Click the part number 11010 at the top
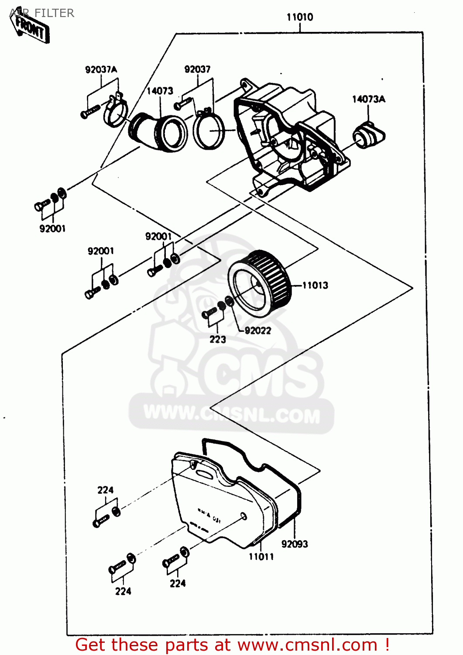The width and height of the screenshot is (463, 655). click(x=299, y=17)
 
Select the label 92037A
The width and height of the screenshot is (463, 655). click(x=101, y=69)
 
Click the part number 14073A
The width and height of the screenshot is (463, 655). click(x=368, y=99)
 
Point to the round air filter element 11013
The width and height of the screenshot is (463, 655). click(x=259, y=283)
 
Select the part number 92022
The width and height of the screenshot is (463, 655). click(x=257, y=331)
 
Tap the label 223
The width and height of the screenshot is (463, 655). click(x=217, y=339)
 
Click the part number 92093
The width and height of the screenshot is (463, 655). click(x=295, y=544)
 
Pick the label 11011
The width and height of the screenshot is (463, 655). click(x=261, y=557)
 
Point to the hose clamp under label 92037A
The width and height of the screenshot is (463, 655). click(x=115, y=112)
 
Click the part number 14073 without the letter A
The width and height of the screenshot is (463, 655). click(x=160, y=91)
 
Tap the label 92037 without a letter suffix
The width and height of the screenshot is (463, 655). click(x=197, y=69)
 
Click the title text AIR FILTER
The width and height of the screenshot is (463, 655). click(x=42, y=13)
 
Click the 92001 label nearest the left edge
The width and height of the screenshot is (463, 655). click(x=52, y=228)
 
